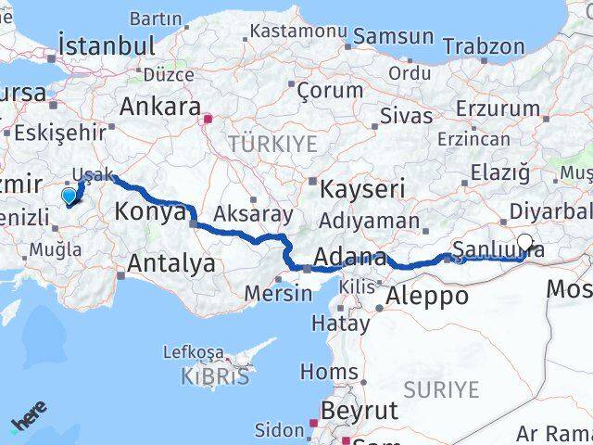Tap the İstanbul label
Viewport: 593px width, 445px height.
[x=106, y=45]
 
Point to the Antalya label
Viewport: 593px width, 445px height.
[x=171, y=264]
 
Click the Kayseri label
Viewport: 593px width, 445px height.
[x=363, y=190]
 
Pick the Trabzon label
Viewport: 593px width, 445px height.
[x=483, y=46]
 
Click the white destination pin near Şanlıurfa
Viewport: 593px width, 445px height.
[x=525, y=244]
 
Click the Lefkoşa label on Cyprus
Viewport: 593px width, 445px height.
[x=193, y=352]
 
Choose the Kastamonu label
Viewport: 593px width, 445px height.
[x=297, y=32]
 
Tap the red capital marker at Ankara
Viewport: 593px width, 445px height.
[x=208, y=119]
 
